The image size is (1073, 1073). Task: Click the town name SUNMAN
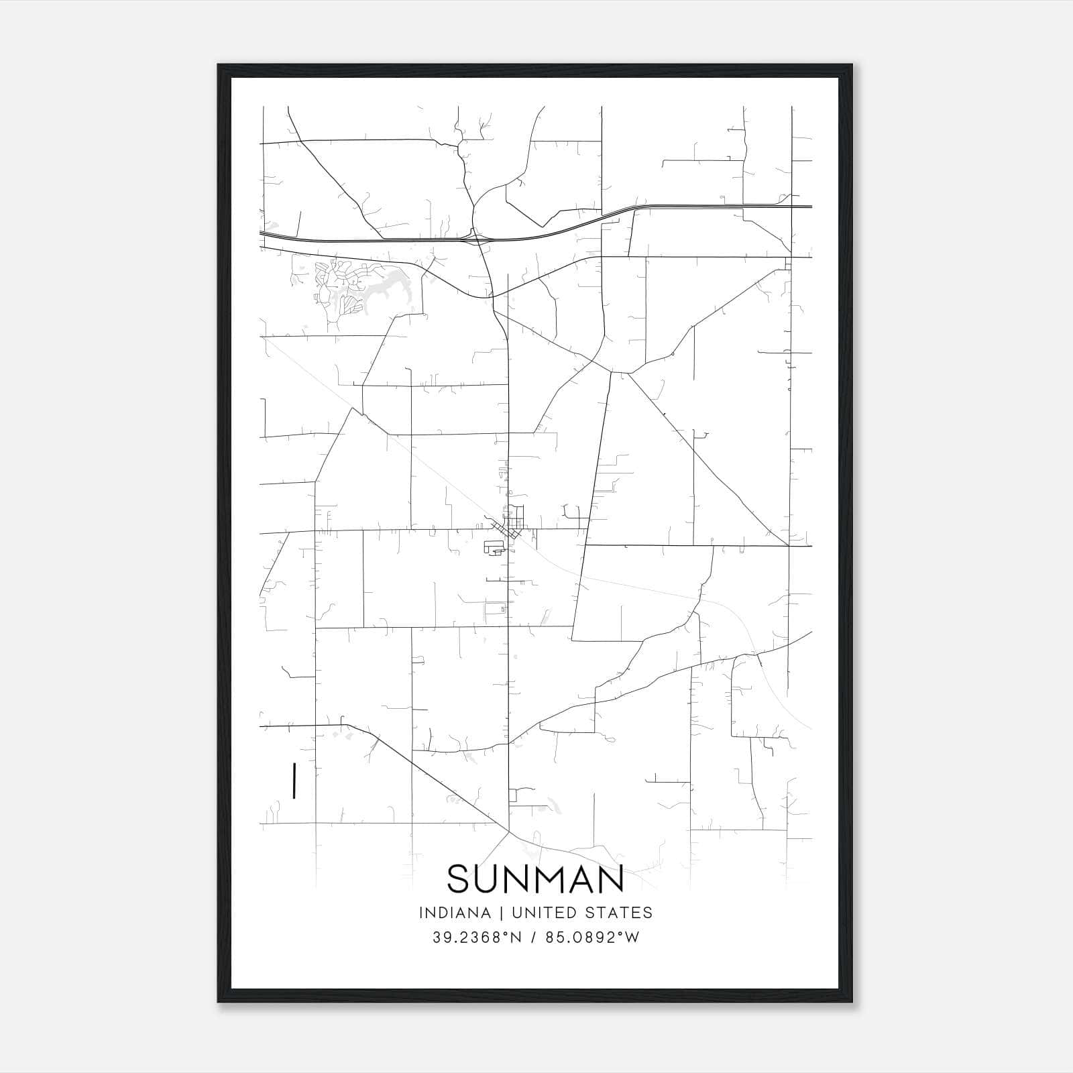535,879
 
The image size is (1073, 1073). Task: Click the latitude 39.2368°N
477,938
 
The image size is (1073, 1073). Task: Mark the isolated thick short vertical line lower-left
294,781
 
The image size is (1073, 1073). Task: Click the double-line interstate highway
376,240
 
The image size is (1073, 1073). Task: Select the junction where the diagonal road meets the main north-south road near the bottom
508,832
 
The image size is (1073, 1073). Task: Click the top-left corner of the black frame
219,66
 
